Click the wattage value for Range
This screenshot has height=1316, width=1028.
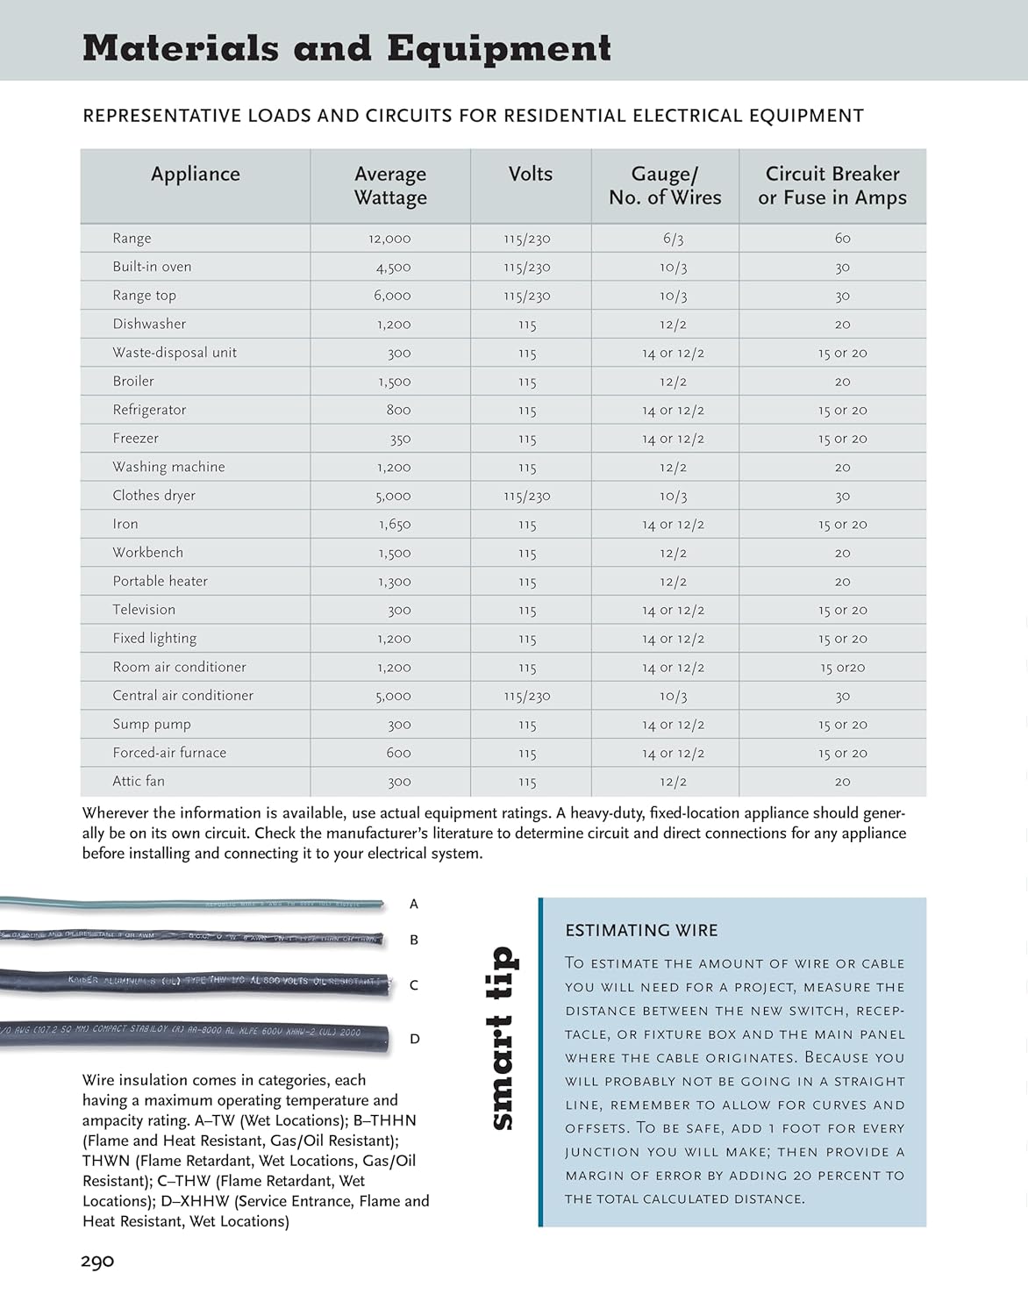click(389, 239)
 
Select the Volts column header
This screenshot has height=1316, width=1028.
click(531, 175)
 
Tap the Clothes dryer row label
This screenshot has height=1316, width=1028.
click(154, 496)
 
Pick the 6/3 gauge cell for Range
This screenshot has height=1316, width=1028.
click(673, 239)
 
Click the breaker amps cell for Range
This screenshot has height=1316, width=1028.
click(842, 239)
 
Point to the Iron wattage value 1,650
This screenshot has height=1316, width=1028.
click(395, 525)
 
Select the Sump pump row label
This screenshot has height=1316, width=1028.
click(152, 725)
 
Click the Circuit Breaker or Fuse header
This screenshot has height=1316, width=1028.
click(832, 186)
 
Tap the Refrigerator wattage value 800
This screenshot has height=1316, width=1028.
click(398, 410)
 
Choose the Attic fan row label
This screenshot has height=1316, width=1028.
click(139, 782)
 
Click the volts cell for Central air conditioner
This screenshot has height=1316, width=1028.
click(527, 697)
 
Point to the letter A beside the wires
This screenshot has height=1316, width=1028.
click(414, 904)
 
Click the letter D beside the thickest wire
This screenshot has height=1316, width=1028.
click(415, 1039)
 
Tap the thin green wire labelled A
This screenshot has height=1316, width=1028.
click(193, 902)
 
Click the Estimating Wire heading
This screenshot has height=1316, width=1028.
click(641, 931)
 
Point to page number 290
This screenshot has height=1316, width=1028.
click(97, 1262)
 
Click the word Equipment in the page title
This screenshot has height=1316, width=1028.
click(499, 48)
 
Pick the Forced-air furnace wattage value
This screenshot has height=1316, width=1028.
click(398, 753)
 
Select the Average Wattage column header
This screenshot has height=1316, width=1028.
click(390, 186)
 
